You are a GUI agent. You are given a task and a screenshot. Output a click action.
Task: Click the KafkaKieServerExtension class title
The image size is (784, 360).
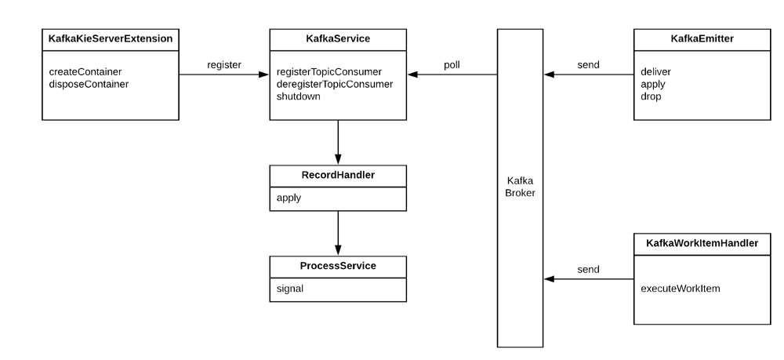pyautogui.click(x=110, y=38)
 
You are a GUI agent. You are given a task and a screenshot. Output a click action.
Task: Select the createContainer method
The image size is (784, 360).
pyautogui.click(x=85, y=72)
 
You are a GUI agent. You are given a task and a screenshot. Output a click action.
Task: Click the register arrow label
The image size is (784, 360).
pyautogui.click(x=224, y=64)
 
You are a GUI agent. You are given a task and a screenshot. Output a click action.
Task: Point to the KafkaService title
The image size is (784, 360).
pyautogui.click(x=337, y=38)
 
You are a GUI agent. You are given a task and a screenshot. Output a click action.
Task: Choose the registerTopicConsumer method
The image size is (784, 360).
pyautogui.click(x=328, y=72)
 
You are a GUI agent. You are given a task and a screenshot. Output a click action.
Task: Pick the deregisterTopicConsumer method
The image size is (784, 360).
pyautogui.click(x=335, y=84)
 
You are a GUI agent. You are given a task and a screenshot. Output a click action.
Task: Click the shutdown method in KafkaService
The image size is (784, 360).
pyautogui.click(x=299, y=96)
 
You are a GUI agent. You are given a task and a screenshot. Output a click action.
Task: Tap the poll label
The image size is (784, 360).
pyautogui.click(x=452, y=64)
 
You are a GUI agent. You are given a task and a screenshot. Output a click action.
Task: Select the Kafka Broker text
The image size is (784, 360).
pyautogui.click(x=520, y=187)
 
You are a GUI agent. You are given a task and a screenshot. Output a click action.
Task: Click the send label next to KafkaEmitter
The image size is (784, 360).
pyautogui.click(x=589, y=64)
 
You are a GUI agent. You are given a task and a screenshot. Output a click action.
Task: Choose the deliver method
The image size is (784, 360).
pyautogui.click(x=655, y=72)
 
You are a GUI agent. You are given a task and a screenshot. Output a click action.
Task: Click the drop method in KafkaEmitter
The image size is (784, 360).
pyautogui.click(x=652, y=96)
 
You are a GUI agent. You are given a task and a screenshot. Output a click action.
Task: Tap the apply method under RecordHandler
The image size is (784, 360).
pyautogui.click(x=289, y=198)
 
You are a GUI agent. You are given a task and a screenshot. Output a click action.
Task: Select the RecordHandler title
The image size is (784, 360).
pyautogui.click(x=337, y=176)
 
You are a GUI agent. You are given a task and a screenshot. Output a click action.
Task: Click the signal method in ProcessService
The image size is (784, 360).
pyautogui.click(x=290, y=289)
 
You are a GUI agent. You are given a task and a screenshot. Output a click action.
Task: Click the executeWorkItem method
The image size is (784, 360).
pyautogui.click(x=681, y=289)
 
